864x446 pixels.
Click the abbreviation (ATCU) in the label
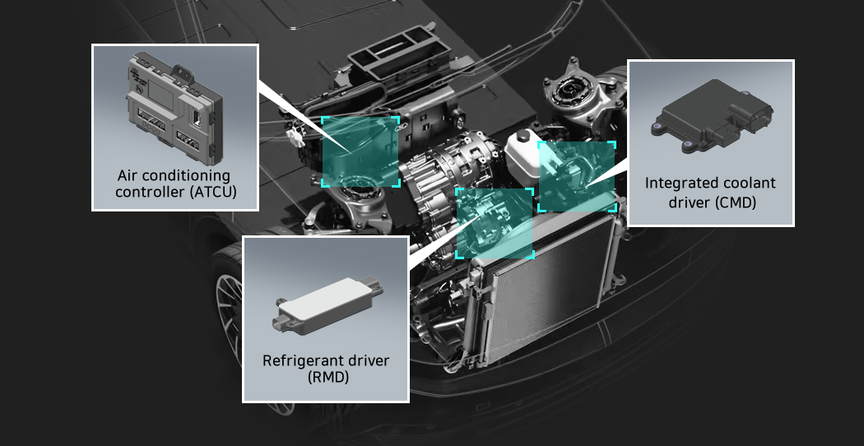[211, 193]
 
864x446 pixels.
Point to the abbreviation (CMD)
[735, 203]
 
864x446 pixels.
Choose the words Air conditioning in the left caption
[174, 176]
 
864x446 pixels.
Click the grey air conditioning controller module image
[175, 108]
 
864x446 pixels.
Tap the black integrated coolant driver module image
[711, 118]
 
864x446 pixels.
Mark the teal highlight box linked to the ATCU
[360, 151]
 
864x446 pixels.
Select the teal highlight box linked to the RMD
[495, 223]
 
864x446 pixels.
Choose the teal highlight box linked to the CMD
[576, 176]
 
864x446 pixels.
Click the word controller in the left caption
[150, 193]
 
